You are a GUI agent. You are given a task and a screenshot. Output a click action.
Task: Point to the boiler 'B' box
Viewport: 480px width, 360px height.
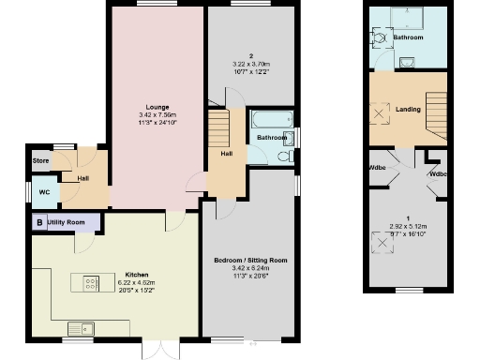[38, 222]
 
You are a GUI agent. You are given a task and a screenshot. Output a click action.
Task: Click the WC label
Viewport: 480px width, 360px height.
[43, 193]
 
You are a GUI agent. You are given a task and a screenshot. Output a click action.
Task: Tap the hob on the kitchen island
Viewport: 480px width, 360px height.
[92, 281]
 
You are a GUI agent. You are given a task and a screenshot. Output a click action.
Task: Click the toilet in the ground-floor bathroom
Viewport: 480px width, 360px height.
[284, 159]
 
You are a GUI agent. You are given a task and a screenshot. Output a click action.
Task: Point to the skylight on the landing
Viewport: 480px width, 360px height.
[382, 113]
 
